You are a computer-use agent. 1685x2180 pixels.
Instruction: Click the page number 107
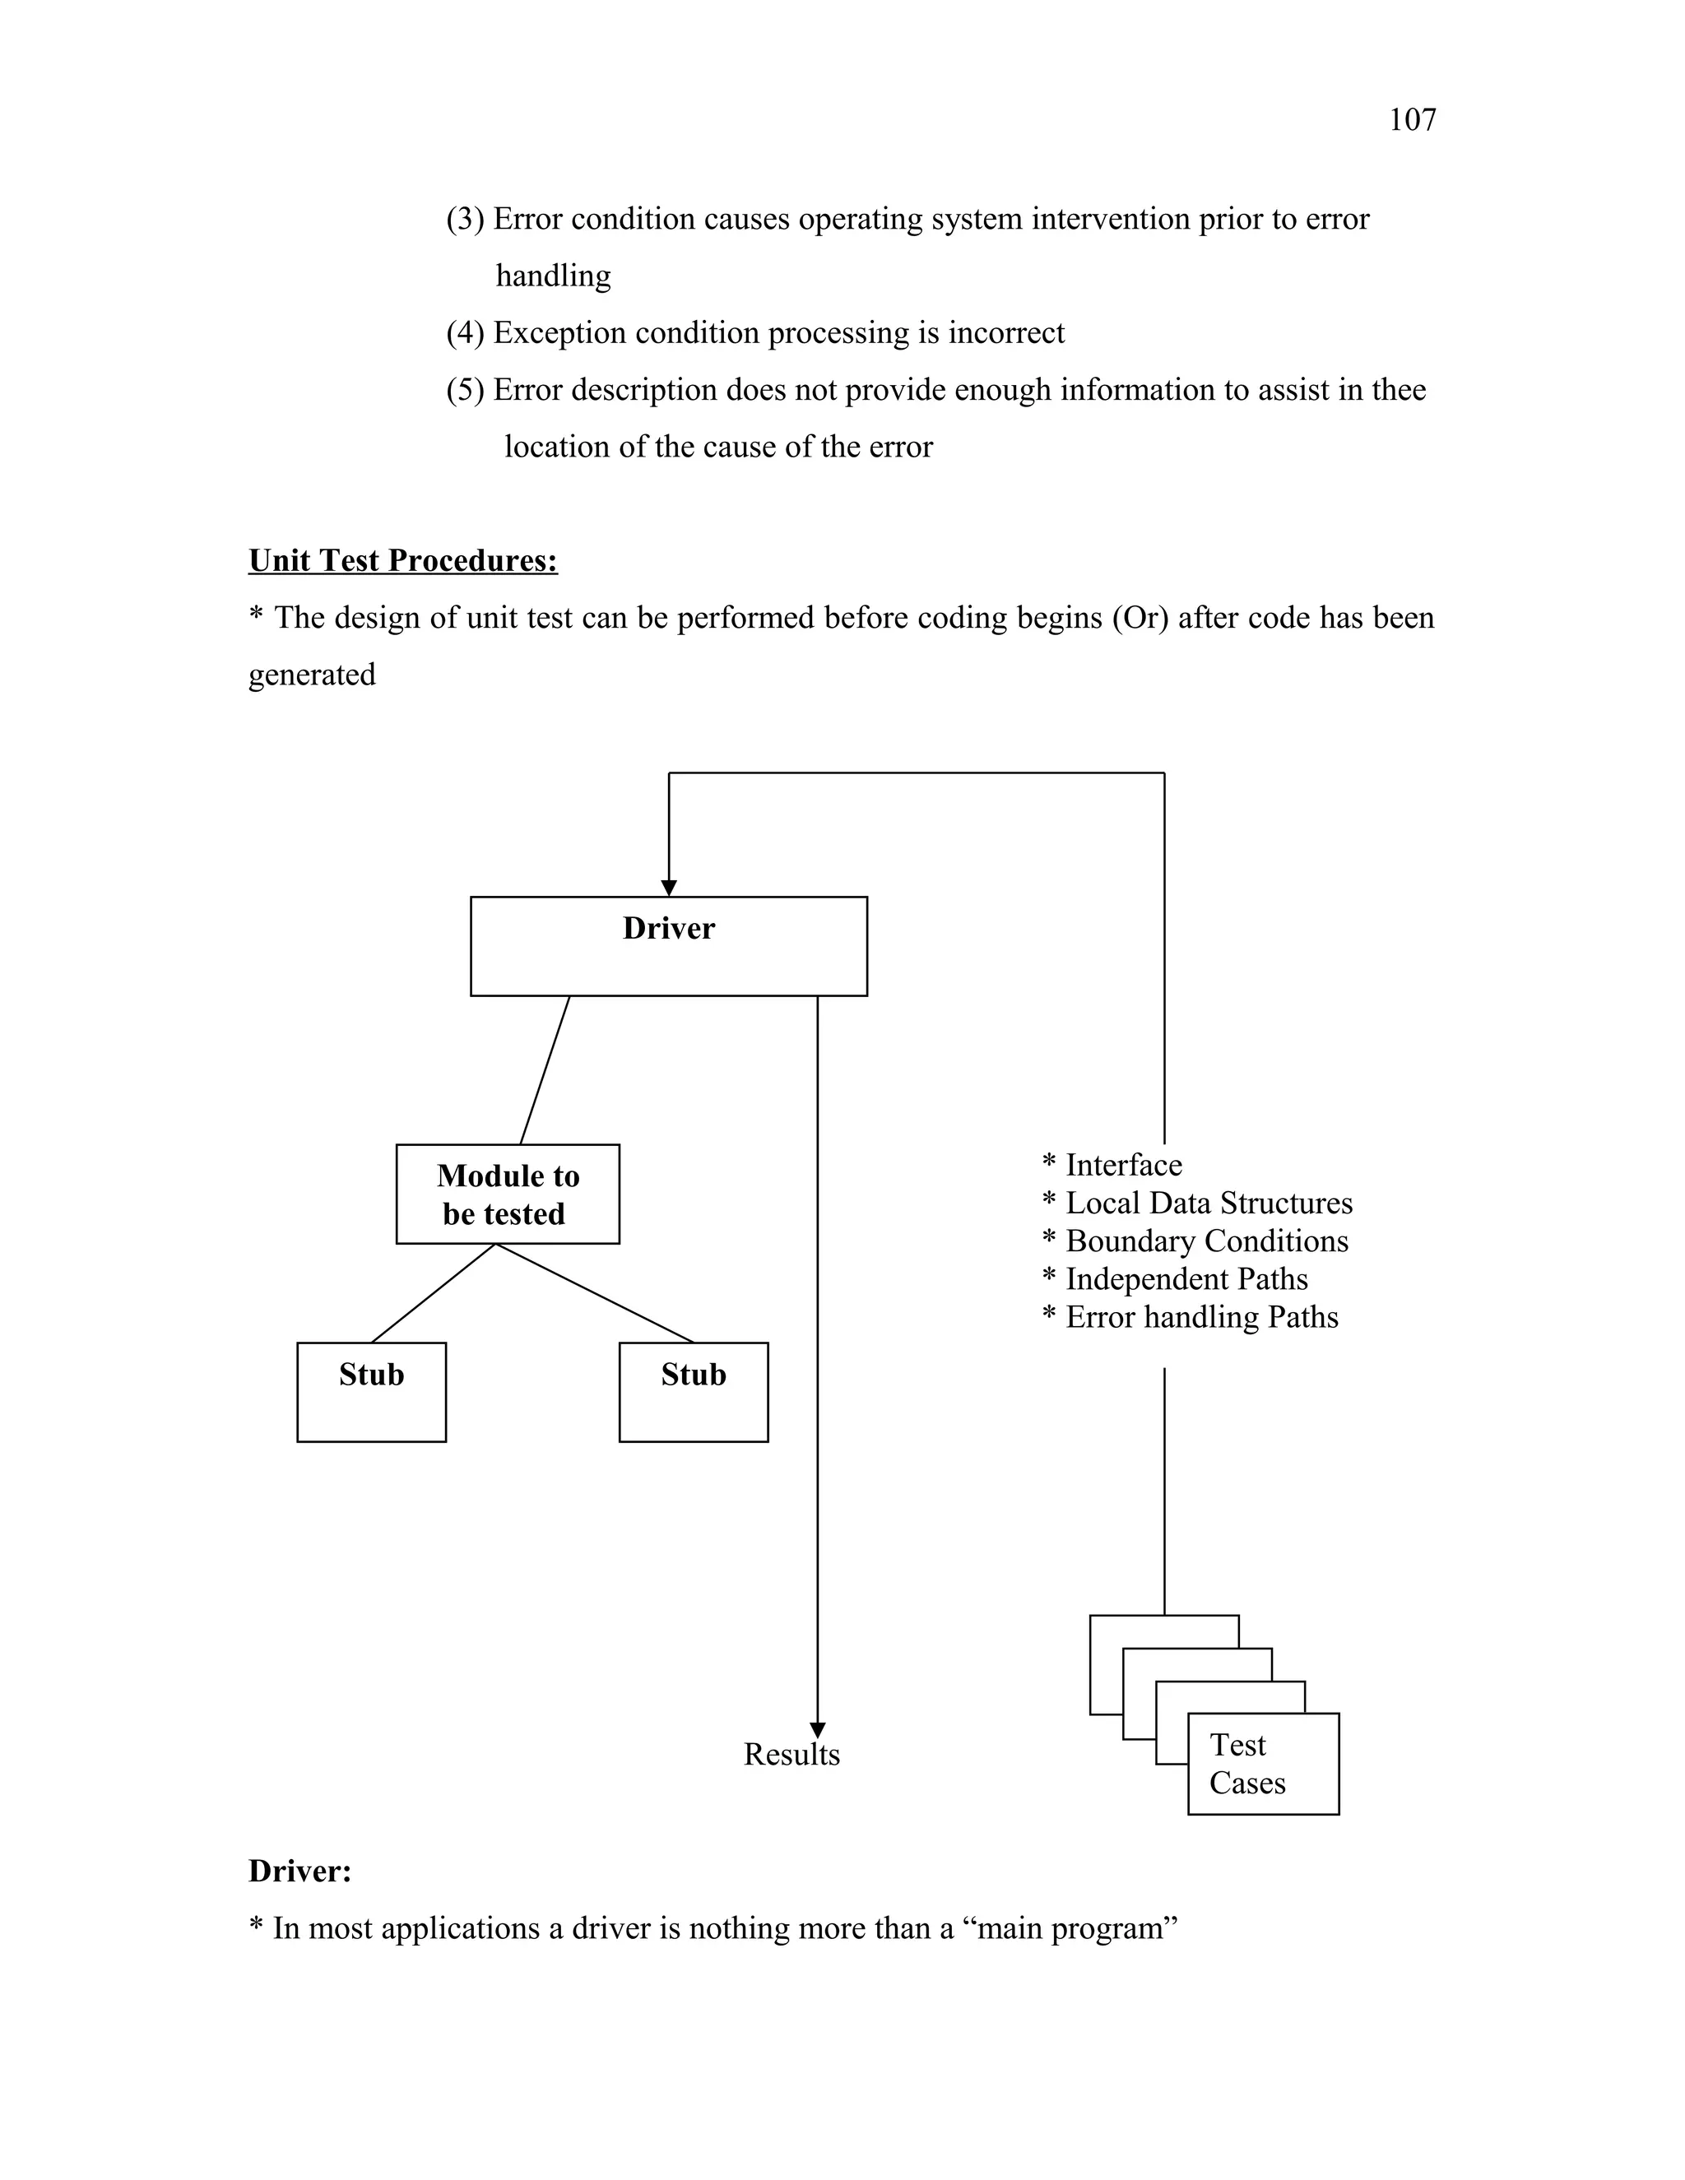pos(1412,121)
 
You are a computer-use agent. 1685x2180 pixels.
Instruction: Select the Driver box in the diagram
pos(668,945)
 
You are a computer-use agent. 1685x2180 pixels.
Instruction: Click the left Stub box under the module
pos(371,1391)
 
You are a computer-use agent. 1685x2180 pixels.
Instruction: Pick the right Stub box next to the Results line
pos(693,1391)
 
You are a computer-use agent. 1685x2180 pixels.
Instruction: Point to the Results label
pos(791,1755)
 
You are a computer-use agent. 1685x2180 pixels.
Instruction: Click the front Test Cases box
pos(1263,1765)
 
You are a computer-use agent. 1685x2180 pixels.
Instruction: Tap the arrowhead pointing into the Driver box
pos(669,888)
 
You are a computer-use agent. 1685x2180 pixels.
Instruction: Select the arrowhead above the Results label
pos(818,1730)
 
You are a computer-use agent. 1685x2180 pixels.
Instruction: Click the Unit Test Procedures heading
pos(402,561)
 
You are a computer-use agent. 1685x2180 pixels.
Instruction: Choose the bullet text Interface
pos(1122,1165)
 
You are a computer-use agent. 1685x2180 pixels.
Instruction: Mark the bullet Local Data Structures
pos(1208,1203)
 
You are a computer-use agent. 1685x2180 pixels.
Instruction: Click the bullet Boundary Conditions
pos(1206,1241)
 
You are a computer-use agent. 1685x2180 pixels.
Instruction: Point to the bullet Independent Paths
pos(1186,1278)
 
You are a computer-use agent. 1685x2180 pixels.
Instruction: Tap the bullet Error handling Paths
pos(1201,1316)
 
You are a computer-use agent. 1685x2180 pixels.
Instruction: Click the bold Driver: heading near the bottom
pos(299,1871)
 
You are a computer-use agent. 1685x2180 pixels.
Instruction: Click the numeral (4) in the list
pos(465,332)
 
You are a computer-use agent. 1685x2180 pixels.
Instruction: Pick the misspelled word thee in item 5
pos(1399,389)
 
